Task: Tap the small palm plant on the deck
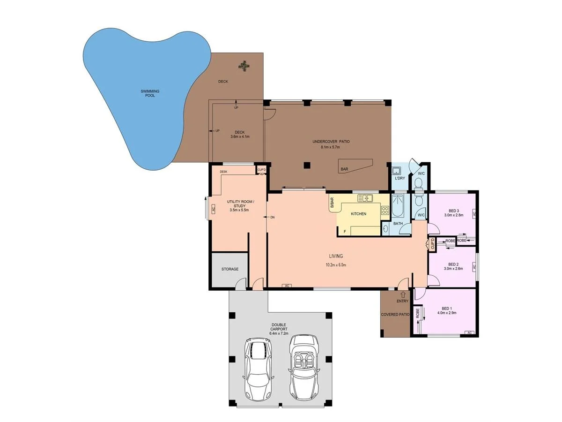(x=243, y=66)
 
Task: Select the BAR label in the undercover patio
(x=344, y=169)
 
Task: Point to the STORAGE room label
(x=230, y=269)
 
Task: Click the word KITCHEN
(x=358, y=214)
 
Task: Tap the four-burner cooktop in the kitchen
(x=385, y=211)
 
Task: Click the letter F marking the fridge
(x=345, y=231)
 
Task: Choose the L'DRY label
(x=399, y=179)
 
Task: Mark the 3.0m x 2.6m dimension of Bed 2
(x=453, y=269)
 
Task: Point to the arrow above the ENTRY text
(x=402, y=294)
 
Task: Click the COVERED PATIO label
(x=395, y=315)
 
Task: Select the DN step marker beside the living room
(x=273, y=218)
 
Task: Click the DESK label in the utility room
(x=223, y=172)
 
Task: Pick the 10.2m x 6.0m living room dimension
(x=335, y=265)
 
